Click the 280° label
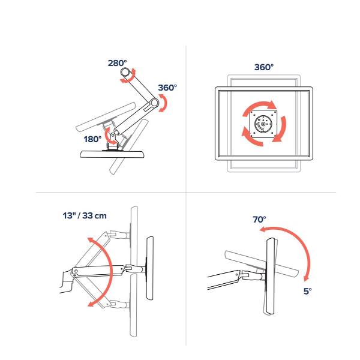coord(118,63)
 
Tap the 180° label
coord(92,139)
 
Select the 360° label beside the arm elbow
coord(167,88)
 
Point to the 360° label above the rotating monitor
coord(264,67)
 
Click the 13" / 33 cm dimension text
coord(85,216)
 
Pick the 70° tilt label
coord(259,220)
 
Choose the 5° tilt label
coord(308,292)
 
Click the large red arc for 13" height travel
coord(111,272)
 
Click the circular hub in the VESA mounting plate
coord(263,124)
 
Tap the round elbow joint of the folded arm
coord(155,103)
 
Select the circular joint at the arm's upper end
coord(125,72)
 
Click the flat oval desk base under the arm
coord(112,154)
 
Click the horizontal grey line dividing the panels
coord(186,192)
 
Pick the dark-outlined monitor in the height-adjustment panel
coord(149,268)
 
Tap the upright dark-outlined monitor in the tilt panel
coord(271,276)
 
